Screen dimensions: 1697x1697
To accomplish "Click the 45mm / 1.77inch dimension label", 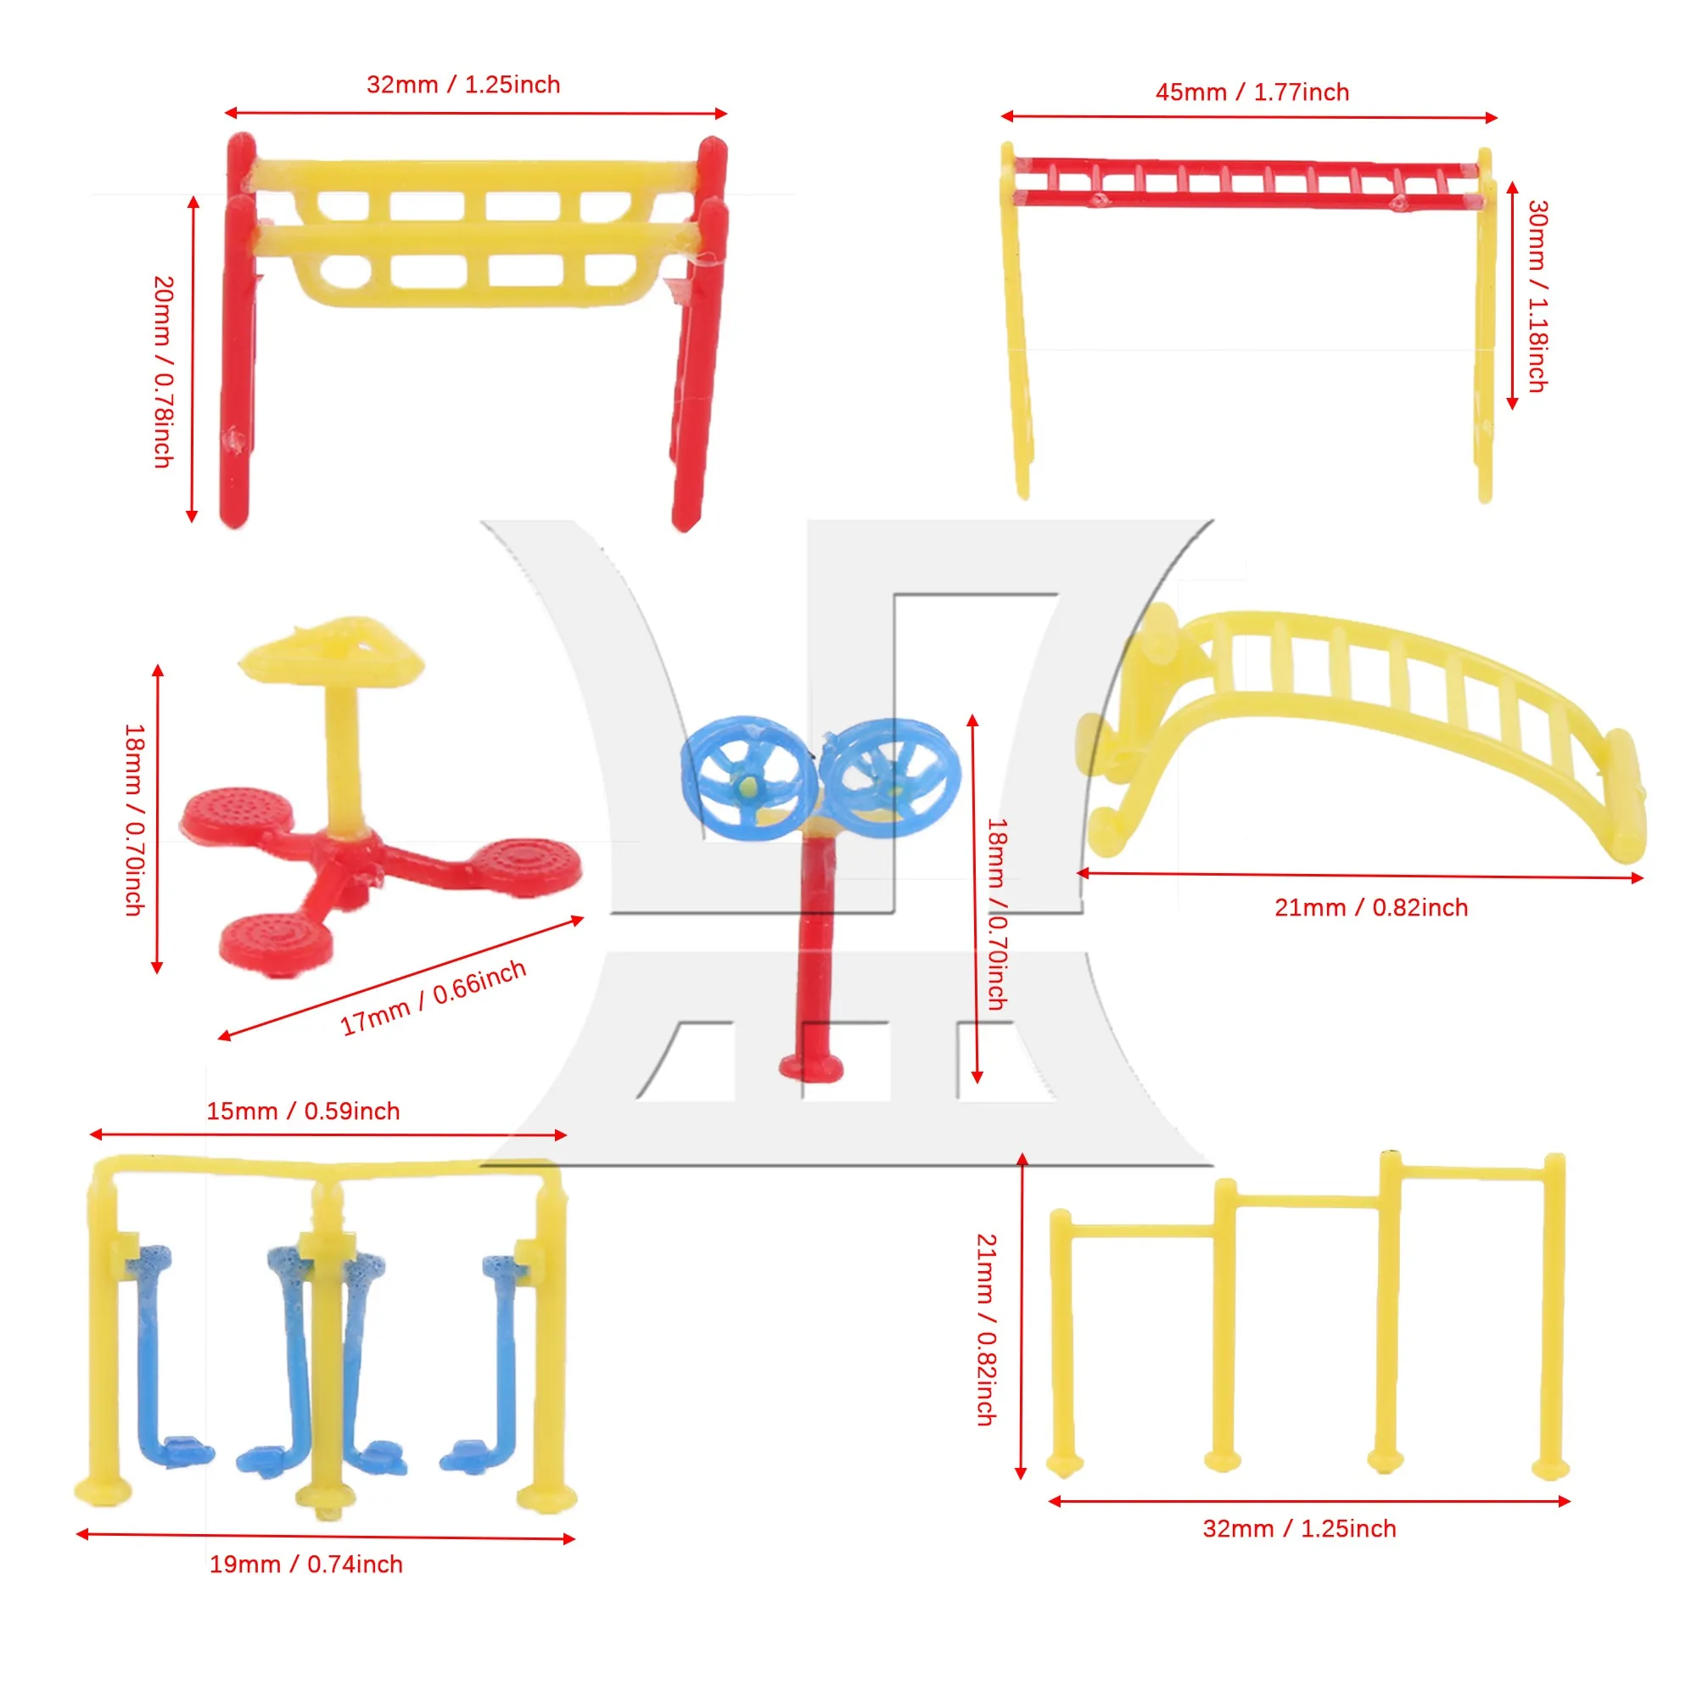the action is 1252,92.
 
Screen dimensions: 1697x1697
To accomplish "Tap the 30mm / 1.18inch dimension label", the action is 1537,296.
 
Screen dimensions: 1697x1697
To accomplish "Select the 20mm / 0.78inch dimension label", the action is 164,372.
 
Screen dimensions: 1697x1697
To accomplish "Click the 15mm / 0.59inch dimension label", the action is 303,1112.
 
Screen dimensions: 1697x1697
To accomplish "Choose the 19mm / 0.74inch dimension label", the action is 305,1565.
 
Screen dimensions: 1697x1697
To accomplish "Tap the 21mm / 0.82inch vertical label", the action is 987,1330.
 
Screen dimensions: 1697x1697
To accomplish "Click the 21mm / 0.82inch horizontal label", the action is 1371,907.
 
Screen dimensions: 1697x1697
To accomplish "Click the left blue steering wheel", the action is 740,778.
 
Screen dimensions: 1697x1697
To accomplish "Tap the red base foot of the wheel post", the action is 810,1068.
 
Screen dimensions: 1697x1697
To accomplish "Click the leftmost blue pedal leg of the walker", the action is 158,1353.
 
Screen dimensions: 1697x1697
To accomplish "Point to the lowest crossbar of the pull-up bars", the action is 1142,1230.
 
